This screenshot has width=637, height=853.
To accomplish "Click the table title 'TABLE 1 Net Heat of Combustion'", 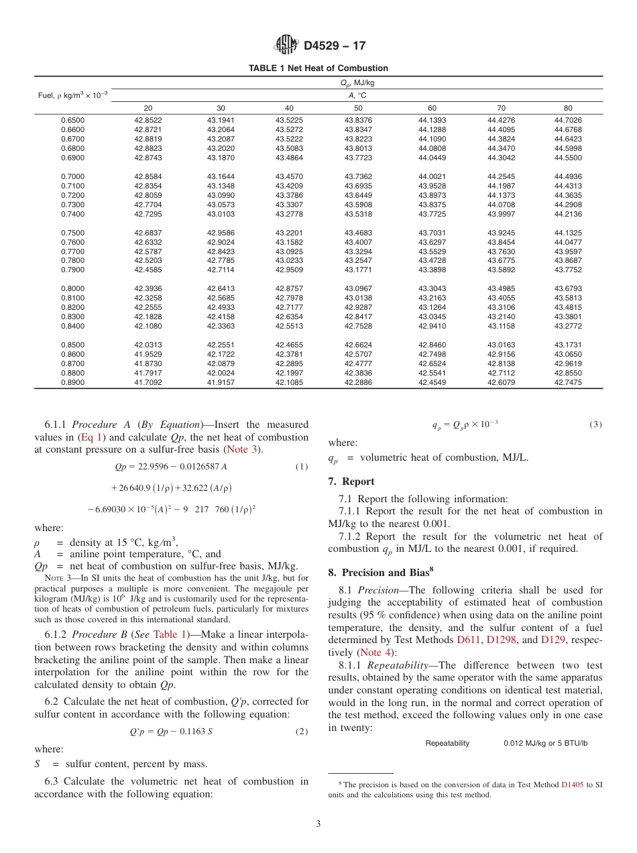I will tap(318, 68).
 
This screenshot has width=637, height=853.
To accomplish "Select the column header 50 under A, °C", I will tap(358, 108).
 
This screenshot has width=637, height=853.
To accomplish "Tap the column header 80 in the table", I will tap(568, 108).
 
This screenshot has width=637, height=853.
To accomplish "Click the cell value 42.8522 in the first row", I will tap(148, 120).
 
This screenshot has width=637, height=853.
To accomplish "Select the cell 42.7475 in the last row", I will tap(568, 383).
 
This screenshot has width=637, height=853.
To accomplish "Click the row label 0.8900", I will tap(73, 383).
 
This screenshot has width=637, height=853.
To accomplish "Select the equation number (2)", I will tap(302, 732).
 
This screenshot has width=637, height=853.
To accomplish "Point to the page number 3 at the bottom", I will tap(318, 824).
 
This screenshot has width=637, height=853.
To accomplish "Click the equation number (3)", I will tap(595, 424).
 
